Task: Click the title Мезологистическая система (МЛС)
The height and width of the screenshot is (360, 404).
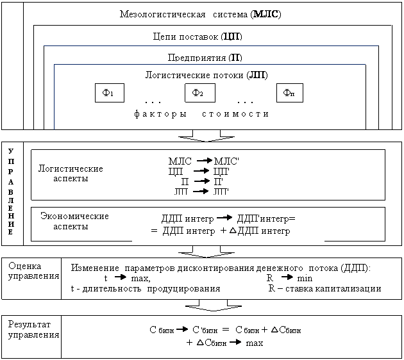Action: click(x=200, y=13)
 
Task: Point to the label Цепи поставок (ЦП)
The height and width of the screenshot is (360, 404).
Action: click(x=198, y=37)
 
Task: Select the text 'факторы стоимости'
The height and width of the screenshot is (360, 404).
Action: click(x=201, y=114)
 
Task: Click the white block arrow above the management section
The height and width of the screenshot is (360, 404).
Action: click(x=201, y=135)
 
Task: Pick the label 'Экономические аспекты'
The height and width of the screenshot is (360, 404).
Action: click(x=74, y=221)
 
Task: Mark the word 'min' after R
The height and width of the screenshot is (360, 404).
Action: click(x=305, y=278)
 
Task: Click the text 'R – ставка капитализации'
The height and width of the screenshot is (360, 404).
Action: click(x=324, y=288)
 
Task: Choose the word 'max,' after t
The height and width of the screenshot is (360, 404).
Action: click(x=140, y=278)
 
